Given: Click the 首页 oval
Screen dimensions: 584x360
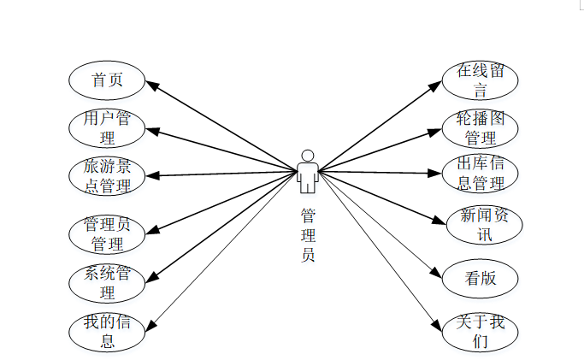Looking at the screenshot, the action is [106, 80].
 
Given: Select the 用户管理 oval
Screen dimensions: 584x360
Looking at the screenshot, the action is [106, 127].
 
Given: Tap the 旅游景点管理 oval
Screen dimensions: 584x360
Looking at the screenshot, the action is [106, 175].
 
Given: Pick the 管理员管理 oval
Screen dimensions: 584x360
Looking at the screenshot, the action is [106, 233].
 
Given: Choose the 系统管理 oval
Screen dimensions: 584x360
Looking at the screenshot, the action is [106, 282].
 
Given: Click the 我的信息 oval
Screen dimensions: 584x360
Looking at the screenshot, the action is [106, 332].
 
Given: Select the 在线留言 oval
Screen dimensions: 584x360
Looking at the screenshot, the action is [480, 80].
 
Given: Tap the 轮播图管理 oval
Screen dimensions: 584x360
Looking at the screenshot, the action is [480, 127].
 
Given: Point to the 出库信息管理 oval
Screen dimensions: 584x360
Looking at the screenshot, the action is [480, 174].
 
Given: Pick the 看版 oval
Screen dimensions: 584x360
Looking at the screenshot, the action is [480, 277].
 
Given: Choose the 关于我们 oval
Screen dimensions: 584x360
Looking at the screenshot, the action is [480, 332].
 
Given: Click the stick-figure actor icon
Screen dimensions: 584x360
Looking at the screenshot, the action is [308, 171].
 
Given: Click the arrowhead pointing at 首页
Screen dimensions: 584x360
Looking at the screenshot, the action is [150, 84].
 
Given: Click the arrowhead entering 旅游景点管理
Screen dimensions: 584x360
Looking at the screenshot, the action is [150, 175].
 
